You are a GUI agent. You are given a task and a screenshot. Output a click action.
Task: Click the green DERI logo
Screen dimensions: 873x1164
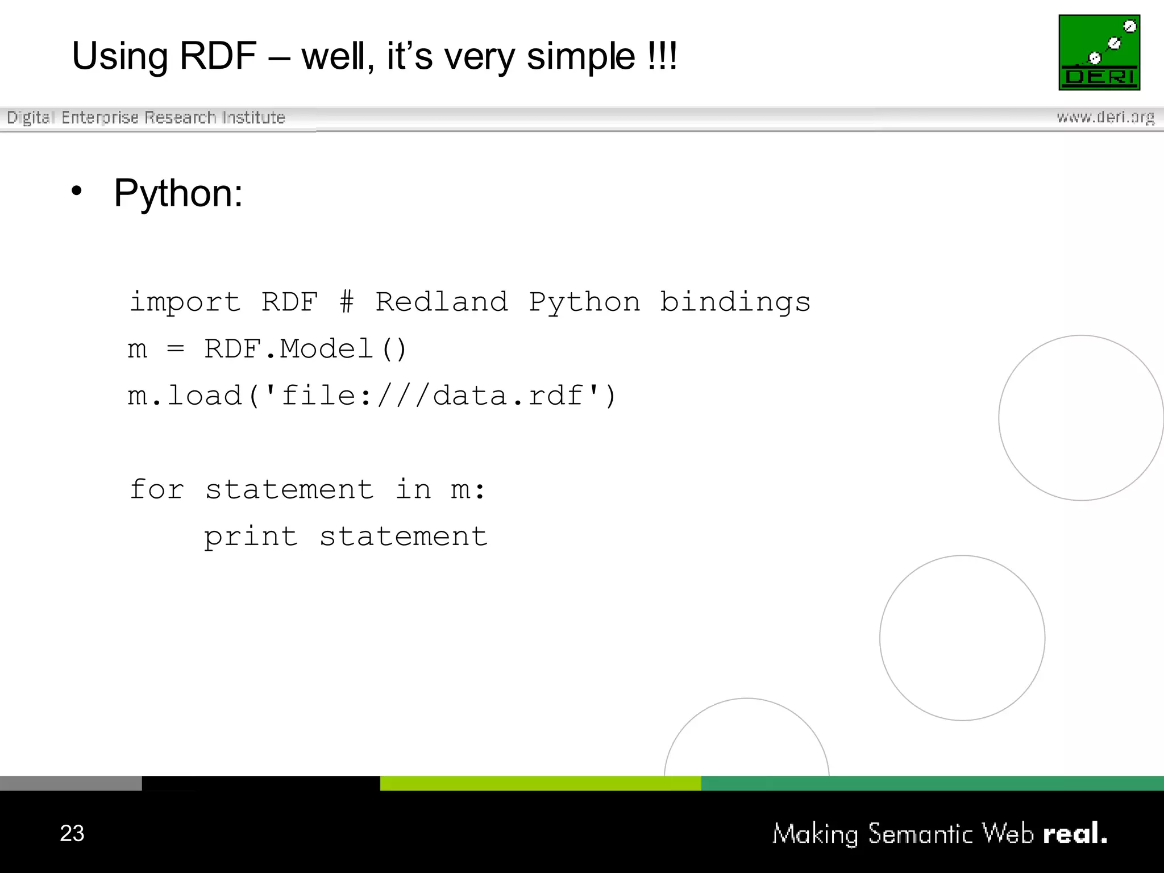click(x=1099, y=52)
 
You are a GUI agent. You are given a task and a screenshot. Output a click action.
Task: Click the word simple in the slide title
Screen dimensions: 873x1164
click(x=581, y=57)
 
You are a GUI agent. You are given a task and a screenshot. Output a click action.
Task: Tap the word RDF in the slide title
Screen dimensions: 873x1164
click(x=218, y=56)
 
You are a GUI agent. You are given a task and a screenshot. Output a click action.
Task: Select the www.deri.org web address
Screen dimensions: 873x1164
click(x=1105, y=117)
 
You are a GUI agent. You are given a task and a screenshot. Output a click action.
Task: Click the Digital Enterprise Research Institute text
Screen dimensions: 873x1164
click(x=146, y=118)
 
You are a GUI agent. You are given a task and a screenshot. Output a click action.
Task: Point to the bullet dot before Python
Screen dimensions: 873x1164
click(x=77, y=192)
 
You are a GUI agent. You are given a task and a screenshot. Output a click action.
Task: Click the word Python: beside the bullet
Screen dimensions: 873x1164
click(x=178, y=193)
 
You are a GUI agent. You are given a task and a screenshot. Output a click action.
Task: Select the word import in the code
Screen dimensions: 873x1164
click(x=185, y=302)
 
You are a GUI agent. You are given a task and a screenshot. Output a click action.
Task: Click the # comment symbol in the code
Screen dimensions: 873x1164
click(x=346, y=302)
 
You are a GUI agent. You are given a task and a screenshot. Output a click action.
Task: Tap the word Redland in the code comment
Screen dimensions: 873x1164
click(x=442, y=302)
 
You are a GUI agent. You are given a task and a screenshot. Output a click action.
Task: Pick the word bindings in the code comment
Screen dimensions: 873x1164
click(x=735, y=302)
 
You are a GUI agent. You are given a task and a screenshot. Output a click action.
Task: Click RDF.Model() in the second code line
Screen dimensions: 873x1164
click(x=305, y=349)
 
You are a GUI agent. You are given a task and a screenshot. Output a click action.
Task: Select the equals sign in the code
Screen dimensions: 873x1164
click(x=176, y=349)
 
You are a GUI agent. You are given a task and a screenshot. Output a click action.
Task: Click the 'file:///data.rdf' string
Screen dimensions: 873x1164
click(x=432, y=396)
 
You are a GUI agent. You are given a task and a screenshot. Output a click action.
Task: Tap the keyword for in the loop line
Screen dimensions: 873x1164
click(x=157, y=489)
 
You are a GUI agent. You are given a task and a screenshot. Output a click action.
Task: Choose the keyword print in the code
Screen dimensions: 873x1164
click(x=251, y=537)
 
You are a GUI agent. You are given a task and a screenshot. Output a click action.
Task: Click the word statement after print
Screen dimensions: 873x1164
click(x=404, y=537)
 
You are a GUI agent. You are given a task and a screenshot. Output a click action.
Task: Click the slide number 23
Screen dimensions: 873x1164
click(x=72, y=833)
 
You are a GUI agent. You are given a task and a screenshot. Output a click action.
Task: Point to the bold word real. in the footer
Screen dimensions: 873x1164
click(x=1075, y=834)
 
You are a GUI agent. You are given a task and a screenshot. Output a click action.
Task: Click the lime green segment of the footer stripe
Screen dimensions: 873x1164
click(x=541, y=783)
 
